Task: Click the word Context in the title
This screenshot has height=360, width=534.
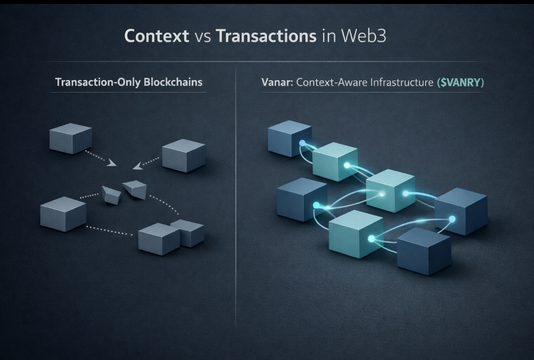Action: (x=156, y=36)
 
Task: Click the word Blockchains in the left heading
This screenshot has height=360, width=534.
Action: (x=173, y=82)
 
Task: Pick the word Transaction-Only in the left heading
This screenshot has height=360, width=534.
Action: (x=97, y=82)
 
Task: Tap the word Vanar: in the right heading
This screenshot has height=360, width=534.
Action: (x=277, y=83)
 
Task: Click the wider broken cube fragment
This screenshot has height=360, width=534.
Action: (x=134, y=189)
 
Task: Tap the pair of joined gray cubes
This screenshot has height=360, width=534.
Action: (x=171, y=236)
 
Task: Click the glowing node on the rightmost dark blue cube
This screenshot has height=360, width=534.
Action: (x=451, y=219)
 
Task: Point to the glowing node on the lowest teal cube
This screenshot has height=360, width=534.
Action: (x=371, y=239)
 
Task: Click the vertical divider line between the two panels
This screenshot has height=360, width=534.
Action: (x=236, y=198)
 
